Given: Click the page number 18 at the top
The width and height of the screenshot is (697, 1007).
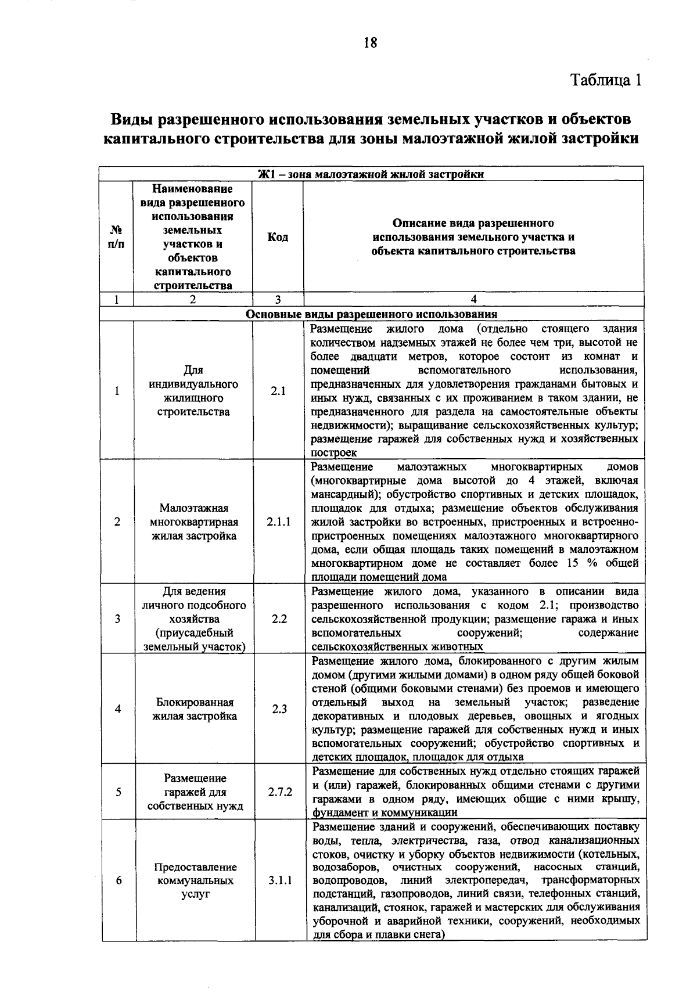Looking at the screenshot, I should pyautogui.click(x=370, y=43).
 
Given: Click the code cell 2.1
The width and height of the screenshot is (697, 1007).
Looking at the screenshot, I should pyautogui.click(x=278, y=391).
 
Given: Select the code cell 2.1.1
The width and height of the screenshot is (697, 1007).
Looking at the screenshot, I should pyautogui.click(x=279, y=522).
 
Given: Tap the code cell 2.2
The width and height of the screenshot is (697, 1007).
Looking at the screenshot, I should pyautogui.click(x=279, y=618).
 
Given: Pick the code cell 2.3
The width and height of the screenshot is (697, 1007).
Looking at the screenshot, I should pyautogui.click(x=279, y=709).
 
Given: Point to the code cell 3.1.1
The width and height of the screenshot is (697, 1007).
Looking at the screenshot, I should pyautogui.click(x=280, y=880).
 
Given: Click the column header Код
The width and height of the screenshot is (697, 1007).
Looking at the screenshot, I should pyautogui.click(x=278, y=237).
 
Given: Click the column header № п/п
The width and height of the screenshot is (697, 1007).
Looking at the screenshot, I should pyautogui.click(x=116, y=237).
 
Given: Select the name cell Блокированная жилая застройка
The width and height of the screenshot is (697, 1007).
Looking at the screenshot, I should pyautogui.click(x=195, y=709).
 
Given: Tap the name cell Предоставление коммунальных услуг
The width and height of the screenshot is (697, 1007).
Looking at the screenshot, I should pyautogui.click(x=195, y=880).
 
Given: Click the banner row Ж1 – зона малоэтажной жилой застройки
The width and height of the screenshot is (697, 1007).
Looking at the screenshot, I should pyautogui.click(x=371, y=174).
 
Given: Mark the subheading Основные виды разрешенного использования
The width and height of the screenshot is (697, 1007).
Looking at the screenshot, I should pyautogui.click(x=371, y=314).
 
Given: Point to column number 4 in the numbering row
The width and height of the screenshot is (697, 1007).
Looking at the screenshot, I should pyautogui.click(x=473, y=300).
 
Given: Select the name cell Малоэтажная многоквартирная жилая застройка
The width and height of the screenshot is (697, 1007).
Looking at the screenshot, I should pyautogui.click(x=195, y=522).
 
